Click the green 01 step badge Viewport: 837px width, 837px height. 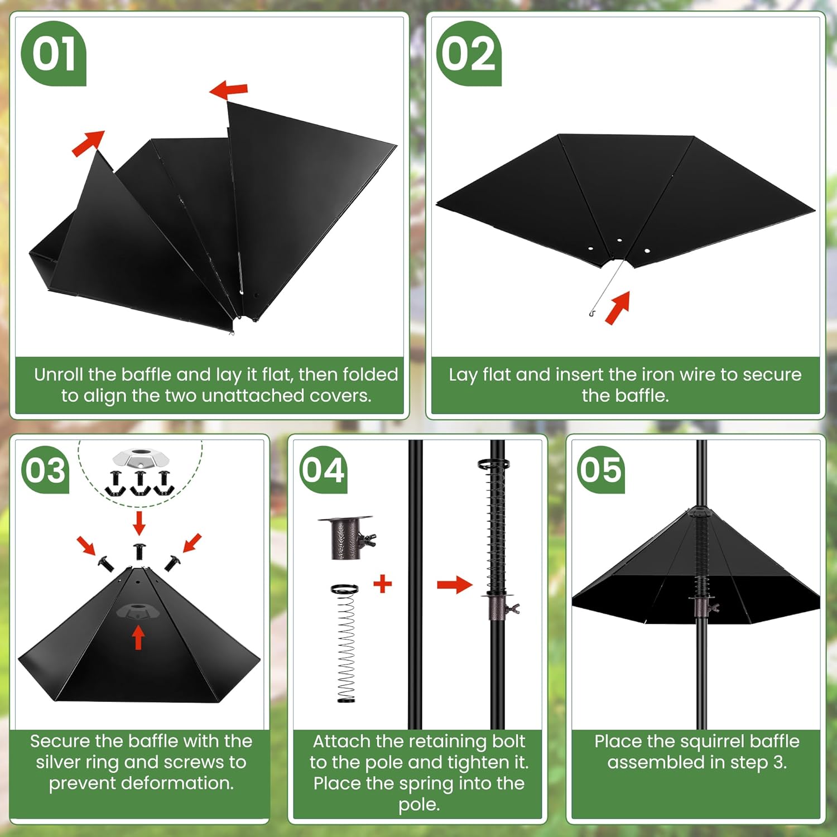pos(54,54)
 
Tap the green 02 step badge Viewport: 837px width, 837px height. pos(469,54)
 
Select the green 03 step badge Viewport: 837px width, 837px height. pos(45,470)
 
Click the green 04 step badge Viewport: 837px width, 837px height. pos(323,470)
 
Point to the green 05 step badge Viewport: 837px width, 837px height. pos(600,470)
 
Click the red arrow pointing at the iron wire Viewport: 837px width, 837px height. pos(618,307)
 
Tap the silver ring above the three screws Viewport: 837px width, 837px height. pos(140,459)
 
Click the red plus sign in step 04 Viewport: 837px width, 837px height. pos(383,584)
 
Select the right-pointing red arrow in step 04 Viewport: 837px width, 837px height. pos(455,585)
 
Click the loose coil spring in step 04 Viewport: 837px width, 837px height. pos(346,643)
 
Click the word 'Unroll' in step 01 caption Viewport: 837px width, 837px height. pos(59,374)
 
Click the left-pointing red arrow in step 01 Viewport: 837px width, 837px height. pos(228,89)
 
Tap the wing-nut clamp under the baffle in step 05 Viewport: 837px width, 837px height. pos(704,606)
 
